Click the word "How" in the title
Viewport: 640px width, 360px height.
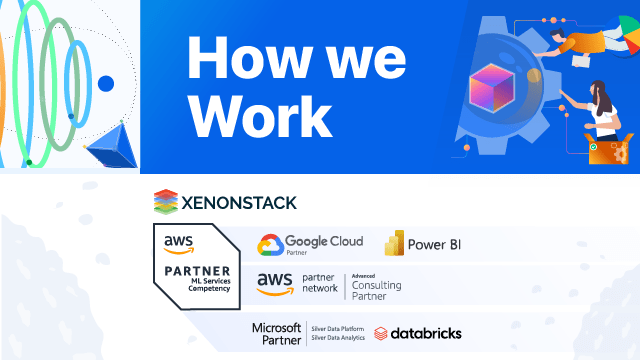click(x=237, y=57)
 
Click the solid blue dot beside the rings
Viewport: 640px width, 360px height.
click(x=106, y=83)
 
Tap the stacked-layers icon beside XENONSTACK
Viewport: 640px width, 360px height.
click(x=165, y=202)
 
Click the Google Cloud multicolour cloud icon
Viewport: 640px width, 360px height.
click(x=269, y=245)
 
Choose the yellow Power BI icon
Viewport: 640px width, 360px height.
click(x=394, y=243)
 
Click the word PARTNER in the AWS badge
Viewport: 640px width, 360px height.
click(x=193, y=271)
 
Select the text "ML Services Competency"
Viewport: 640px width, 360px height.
click(x=205, y=290)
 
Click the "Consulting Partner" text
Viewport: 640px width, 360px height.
click(x=376, y=290)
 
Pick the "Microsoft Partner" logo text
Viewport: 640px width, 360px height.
click(x=276, y=332)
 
